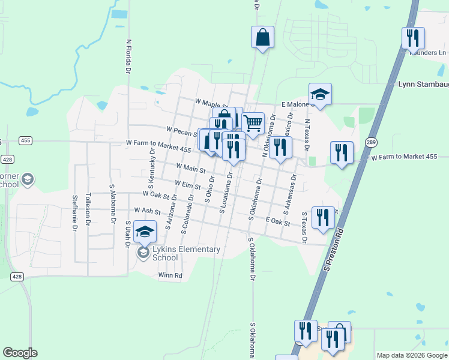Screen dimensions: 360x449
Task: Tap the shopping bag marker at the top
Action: [x=262, y=38]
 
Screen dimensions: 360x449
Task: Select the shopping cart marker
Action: [x=253, y=124]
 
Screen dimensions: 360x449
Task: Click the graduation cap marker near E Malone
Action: [x=320, y=94]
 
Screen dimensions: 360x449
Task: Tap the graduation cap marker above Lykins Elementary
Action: [x=145, y=232]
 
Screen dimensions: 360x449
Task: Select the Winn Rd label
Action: [x=170, y=275]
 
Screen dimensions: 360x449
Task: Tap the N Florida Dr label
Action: [x=128, y=57]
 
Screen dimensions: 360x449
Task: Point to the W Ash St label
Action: [x=148, y=211]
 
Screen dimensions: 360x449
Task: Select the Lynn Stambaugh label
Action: [x=423, y=85]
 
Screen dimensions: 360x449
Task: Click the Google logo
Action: [x=20, y=353]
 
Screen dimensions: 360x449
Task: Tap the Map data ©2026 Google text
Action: [x=412, y=355]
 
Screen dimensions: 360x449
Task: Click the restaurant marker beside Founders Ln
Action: [x=413, y=39]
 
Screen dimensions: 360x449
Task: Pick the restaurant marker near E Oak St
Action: [x=323, y=218]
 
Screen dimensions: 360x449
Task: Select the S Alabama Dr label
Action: [x=112, y=203]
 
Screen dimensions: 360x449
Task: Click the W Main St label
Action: [x=191, y=168]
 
